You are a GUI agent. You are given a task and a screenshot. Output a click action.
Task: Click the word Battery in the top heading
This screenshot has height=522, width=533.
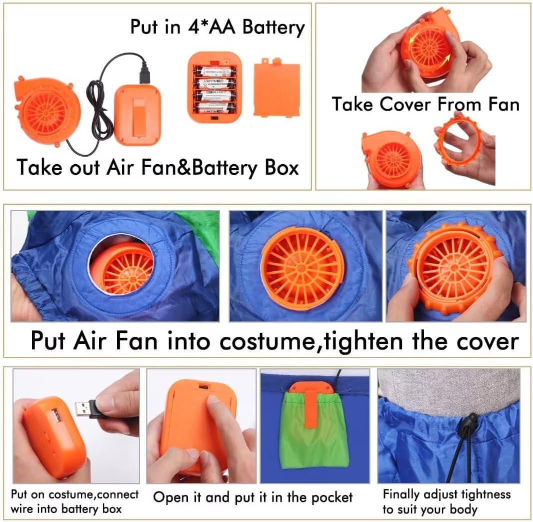(x=273, y=27)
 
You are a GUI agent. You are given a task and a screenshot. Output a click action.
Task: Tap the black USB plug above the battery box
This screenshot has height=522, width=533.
(x=145, y=73)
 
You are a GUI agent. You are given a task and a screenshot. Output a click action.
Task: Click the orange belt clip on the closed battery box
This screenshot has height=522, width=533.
(x=137, y=120)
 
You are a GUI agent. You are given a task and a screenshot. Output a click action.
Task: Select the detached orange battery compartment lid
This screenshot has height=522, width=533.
(x=276, y=88)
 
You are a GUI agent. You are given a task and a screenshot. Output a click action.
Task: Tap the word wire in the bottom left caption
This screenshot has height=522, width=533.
(x=22, y=509)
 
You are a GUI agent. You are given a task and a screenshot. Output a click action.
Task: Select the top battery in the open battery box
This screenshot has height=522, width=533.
(x=214, y=71)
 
